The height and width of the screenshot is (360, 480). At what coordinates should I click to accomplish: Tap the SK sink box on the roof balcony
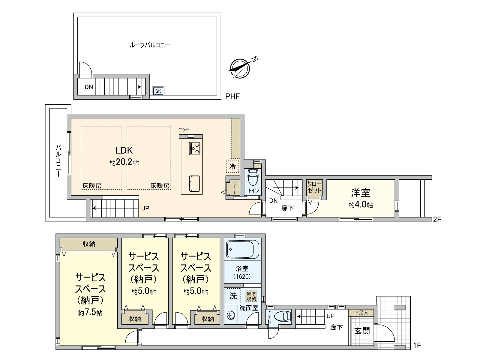[x=158, y=91]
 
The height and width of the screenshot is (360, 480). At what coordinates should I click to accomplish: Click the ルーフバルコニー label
[x=149, y=45]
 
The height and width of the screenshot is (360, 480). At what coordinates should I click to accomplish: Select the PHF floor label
[x=232, y=96]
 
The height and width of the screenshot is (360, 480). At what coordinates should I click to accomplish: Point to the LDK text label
[x=124, y=151]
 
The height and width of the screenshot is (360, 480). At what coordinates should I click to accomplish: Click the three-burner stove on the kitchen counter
[x=194, y=148]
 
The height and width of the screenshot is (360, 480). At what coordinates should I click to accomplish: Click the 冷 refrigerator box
[x=232, y=166]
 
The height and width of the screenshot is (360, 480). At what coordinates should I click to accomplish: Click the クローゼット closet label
[x=314, y=187]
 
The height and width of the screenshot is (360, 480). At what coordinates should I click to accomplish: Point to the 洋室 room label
[x=361, y=192]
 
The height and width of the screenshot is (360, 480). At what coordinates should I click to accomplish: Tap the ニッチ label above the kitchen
[x=183, y=130]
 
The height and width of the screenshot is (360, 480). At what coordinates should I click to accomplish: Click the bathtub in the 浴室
[x=243, y=249]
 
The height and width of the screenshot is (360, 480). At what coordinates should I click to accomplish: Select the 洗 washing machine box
[x=233, y=296]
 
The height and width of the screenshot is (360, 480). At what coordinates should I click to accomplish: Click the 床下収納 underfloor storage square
[x=251, y=296]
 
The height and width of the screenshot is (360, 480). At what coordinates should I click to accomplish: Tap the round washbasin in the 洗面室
[x=230, y=315]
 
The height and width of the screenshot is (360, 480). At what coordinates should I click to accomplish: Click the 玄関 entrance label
[x=362, y=331]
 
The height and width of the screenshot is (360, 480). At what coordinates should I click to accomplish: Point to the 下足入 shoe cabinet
[x=361, y=313]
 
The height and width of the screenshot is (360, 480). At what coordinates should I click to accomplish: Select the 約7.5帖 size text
[x=90, y=313]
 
